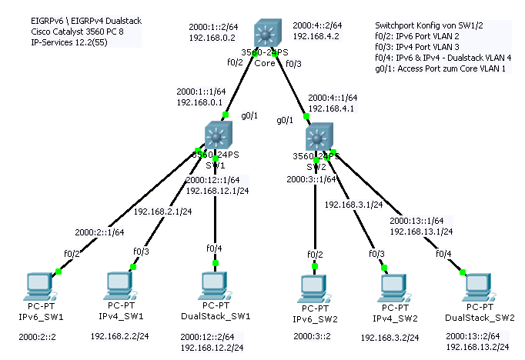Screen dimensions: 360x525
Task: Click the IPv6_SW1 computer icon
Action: (37, 285)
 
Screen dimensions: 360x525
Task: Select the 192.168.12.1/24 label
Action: (218, 190)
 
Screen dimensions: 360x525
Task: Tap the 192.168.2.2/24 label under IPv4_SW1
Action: (120, 336)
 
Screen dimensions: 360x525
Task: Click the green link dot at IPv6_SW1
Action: (57, 271)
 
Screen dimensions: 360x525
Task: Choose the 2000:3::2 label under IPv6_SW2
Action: (313, 336)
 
